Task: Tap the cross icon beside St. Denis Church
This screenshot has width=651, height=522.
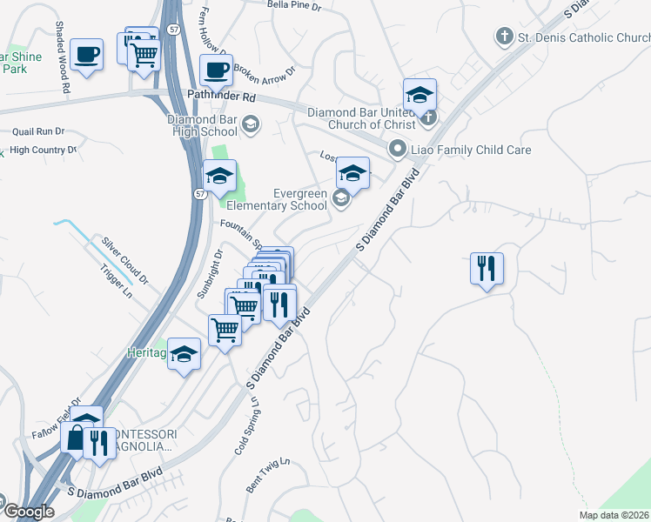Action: coord(504,37)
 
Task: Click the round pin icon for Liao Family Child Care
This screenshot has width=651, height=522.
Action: coord(399,149)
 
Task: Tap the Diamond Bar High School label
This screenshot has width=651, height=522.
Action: coord(203,125)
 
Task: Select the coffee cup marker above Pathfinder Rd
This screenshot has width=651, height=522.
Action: coord(216,70)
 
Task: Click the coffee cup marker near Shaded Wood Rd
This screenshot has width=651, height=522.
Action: coord(86,54)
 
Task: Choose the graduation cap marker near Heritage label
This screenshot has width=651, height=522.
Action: coord(184,354)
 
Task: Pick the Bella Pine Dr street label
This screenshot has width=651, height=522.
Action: coord(294,5)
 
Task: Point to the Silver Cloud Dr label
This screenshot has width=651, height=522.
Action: coord(125,260)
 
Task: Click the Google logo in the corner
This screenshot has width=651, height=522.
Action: coord(28,512)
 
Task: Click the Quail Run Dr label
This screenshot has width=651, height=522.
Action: coord(38,131)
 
